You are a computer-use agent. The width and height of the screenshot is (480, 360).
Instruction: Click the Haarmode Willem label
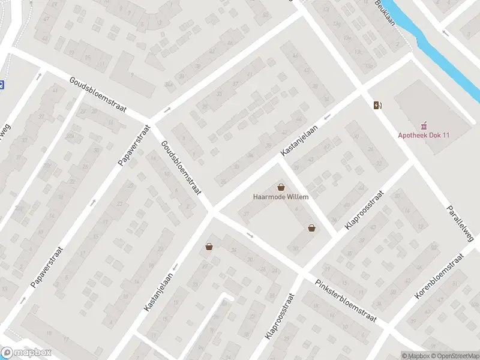[281, 197]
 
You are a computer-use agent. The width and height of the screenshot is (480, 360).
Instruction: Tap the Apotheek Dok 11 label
[424, 135]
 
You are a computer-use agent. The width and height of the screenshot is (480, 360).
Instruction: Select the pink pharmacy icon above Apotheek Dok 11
[424, 125]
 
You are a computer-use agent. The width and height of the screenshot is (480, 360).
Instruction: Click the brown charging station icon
[377, 106]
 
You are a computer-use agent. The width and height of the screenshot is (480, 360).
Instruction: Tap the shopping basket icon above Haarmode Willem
[281, 187]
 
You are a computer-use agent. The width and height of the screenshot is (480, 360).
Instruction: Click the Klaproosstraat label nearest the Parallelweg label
[364, 211]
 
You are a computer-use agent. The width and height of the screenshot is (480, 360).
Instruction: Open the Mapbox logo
[26, 353]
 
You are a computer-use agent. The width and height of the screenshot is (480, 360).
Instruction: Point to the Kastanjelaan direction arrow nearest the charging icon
[328, 118]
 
